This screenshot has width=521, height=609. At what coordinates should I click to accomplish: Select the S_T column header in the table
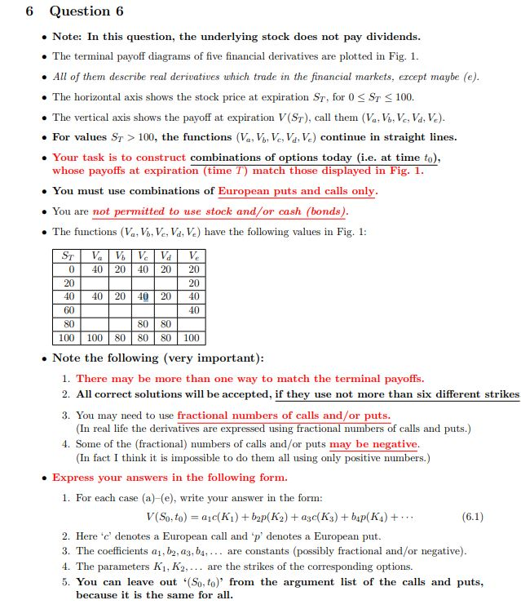tap(69, 256)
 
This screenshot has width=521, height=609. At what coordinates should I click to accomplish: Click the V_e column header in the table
tap(192, 256)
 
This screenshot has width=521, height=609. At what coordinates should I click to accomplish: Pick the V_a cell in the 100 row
tap(95, 338)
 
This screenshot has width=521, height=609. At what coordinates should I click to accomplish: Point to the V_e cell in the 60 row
tap(192, 310)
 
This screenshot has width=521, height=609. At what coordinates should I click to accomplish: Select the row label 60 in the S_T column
tap(69, 310)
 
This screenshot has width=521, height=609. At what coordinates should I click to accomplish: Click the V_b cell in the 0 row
tap(121, 269)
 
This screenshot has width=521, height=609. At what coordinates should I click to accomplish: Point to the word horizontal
tap(108, 96)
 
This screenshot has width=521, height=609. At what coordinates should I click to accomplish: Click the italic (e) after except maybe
tap(471, 77)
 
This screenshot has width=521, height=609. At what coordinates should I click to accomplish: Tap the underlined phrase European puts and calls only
tap(297, 191)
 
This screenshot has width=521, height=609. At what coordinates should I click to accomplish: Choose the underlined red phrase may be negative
tap(373, 443)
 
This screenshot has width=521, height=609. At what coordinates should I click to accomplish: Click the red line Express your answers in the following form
tap(170, 478)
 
